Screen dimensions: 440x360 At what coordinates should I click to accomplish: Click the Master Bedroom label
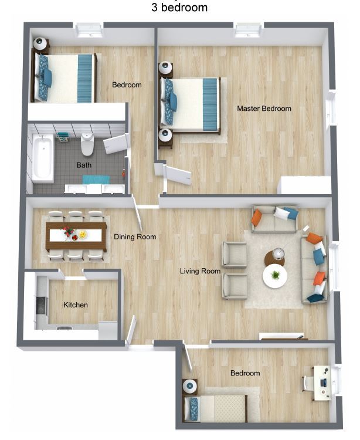tap(264, 109)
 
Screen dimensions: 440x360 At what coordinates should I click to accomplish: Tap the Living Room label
tap(200, 271)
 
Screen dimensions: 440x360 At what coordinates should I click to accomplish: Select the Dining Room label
tap(135, 237)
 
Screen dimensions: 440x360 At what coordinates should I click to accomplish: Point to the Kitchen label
tap(76, 305)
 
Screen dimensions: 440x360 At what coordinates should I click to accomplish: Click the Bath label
tap(84, 165)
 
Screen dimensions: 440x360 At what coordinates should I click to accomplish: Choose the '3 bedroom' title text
tap(179, 8)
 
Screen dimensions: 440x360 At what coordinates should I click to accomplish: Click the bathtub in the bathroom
tap(42, 157)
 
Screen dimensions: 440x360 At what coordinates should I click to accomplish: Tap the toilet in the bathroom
tap(87, 143)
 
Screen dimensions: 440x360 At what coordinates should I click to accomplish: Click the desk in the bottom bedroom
tap(321, 383)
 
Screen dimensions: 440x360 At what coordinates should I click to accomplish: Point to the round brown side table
tap(274, 257)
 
